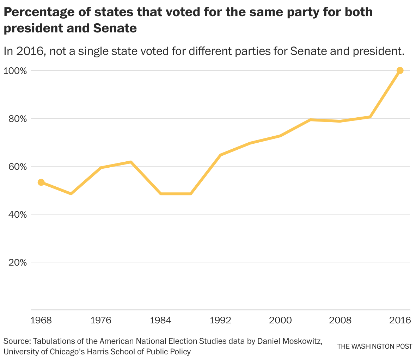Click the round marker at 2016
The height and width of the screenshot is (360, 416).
pyautogui.click(x=400, y=70)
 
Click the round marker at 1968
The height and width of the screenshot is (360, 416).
pyautogui.click(x=41, y=182)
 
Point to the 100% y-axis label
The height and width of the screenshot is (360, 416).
pyautogui.click(x=15, y=71)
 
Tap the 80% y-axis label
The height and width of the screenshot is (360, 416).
pyautogui.click(x=17, y=119)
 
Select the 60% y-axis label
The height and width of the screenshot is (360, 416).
pyautogui.click(x=17, y=167)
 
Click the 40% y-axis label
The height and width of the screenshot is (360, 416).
pyautogui.click(x=17, y=215)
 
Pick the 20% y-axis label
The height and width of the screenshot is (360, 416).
pyautogui.click(x=17, y=262)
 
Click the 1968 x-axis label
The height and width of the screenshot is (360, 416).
pyautogui.click(x=41, y=321)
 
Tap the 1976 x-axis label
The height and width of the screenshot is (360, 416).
pyautogui.click(x=101, y=321)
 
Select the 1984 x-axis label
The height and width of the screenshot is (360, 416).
pyautogui.click(x=161, y=321)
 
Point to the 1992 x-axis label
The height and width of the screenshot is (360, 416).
pyautogui.click(x=221, y=321)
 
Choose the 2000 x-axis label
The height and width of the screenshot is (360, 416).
pyautogui.click(x=281, y=321)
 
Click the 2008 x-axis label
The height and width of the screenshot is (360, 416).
pyautogui.click(x=340, y=321)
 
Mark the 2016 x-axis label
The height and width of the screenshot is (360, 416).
pyautogui.click(x=400, y=321)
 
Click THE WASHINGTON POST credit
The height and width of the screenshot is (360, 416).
pyautogui.click(x=374, y=347)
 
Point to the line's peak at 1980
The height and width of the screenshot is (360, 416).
pyautogui.click(x=131, y=162)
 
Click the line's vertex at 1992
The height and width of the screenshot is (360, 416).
pyautogui.click(x=221, y=155)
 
